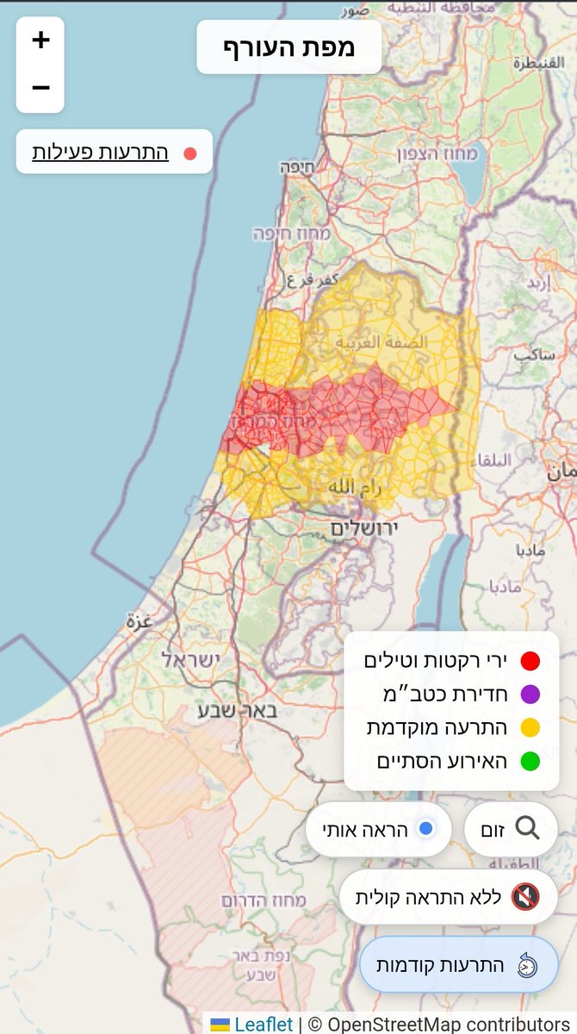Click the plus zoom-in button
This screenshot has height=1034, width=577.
pyautogui.click(x=40, y=40)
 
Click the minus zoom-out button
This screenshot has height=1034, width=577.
pyautogui.click(x=40, y=88)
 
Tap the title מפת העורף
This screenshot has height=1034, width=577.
pyautogui.click(x=288, y=47)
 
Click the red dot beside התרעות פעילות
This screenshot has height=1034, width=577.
pyautogui.click(x=190, y=153)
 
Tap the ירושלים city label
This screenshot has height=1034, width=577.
pyautogui.click(x=361, y=529)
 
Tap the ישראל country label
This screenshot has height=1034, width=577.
pyautogui.click(x=190, y=659)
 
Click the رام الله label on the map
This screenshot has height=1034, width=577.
pyautogui.click(x=354, y=488)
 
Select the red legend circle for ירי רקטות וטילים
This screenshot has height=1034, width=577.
pyautogui.click(x=530, y=661)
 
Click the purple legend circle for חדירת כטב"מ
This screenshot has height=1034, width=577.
pyautogui.click(x=530, y=695)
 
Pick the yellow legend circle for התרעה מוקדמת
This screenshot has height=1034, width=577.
pyautogui.click(x=530, y=728)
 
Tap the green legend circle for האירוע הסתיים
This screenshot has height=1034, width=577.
pyautogui.click(x=530, y=762)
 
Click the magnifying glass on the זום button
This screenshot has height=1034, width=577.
pyautogui.click(x=527, y=828)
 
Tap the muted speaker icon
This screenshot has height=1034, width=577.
pyautogui.click(x=525, y=897)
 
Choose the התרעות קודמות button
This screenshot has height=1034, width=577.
pyautogui.click(x=458, y=964)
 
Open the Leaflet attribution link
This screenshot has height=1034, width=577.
pyautogui.click(x=263, y=1024)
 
